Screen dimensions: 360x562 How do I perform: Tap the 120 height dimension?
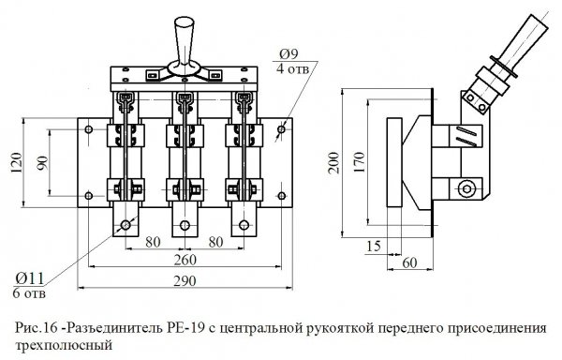15,163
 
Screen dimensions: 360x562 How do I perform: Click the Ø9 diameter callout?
288,52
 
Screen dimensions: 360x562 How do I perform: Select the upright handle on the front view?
181,35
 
